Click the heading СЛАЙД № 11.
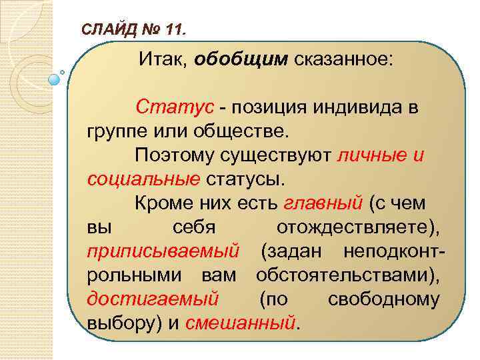(x=134, y=29)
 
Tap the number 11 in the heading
(x=177, y=29)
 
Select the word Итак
(x=163, y=60)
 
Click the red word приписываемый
(x=163, y=251)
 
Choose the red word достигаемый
(x=153, y=299)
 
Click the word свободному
(x=384, y=299)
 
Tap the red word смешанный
(x=240, y=323)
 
